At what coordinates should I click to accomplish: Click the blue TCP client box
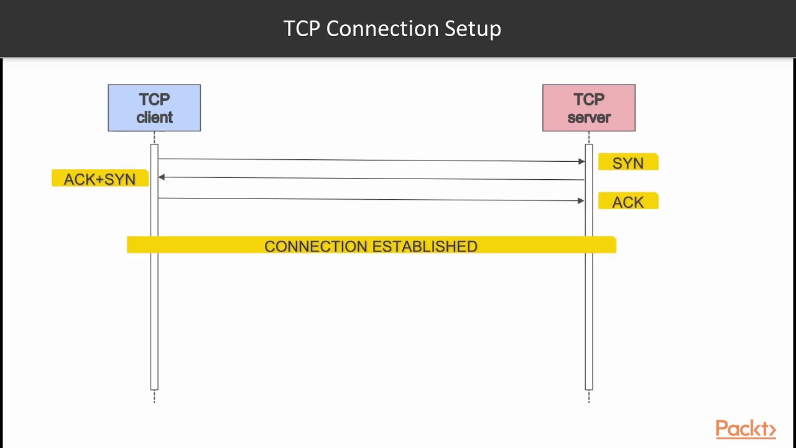[154, 108]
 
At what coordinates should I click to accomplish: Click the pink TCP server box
[588, 108]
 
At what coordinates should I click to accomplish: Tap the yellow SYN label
[628, 162]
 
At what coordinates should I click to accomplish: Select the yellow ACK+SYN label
[99, 179]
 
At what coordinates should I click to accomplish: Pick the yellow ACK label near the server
[628, 202]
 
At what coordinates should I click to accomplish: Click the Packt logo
[745, 429]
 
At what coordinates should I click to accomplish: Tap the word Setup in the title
[473, 29]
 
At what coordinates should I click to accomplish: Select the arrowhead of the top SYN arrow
[581, 162]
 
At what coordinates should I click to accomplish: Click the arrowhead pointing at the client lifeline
[162, 177]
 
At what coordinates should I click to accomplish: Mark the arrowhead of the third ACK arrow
[581, 200]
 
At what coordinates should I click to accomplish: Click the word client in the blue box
[154, 118]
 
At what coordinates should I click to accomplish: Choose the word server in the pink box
[589, 118]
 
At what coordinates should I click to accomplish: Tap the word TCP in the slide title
[302, 29]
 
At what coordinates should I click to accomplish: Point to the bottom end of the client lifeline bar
[154, 388]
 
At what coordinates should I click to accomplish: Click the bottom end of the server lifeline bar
[589, 388]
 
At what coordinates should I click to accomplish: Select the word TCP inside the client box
[154, 100]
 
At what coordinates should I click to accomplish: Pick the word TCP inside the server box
[589, 100]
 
